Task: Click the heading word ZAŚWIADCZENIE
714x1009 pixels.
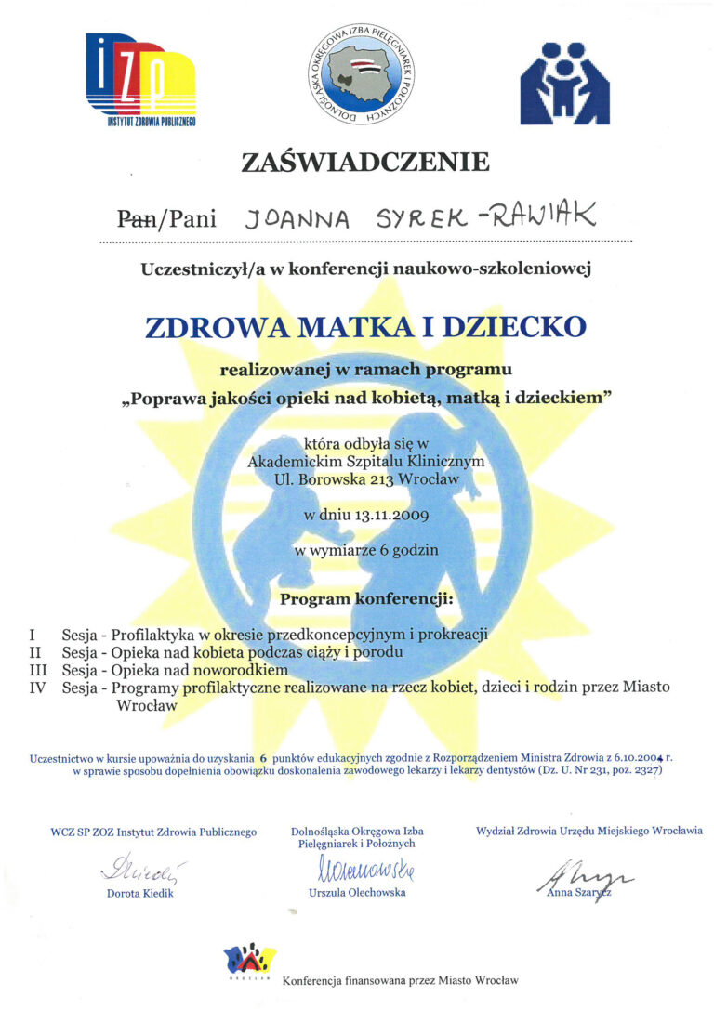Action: (x=365, y=162)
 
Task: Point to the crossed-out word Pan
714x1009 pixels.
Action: (x=137, y=219)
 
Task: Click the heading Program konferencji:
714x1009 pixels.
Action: (x=366, y=599)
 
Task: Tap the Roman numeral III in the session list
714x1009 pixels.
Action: (x=39, y=670)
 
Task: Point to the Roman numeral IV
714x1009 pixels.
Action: (x=39, y=688)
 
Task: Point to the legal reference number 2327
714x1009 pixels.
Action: (x=642, y=771)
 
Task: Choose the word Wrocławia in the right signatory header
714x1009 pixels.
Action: (x=671, y=830)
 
